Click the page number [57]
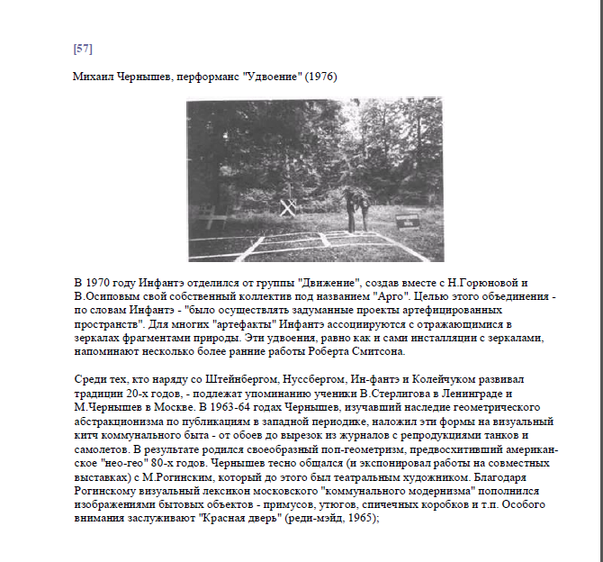83,48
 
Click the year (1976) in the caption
320,77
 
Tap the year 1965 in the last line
346,521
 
